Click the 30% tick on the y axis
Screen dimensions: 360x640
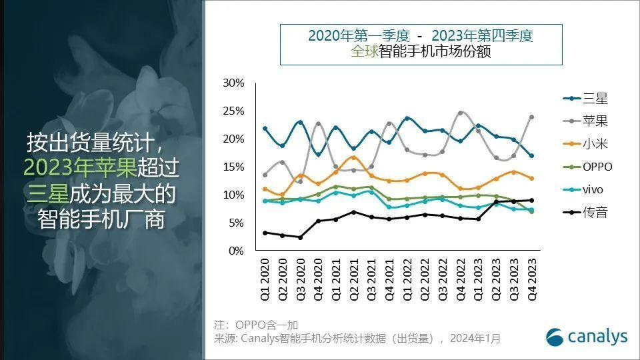click(234, 83)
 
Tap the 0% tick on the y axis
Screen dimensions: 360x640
click(237, 251)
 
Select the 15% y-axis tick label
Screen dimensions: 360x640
click(234, 167)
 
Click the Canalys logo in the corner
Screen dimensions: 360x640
click(587, 337)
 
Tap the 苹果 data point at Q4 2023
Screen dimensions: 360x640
click(531, 117)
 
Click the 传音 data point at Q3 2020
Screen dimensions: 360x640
click(300, 237)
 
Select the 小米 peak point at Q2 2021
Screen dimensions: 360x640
click(353, 157)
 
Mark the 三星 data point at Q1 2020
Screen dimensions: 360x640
click(265, 128)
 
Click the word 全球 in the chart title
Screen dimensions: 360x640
click(363, 52)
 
